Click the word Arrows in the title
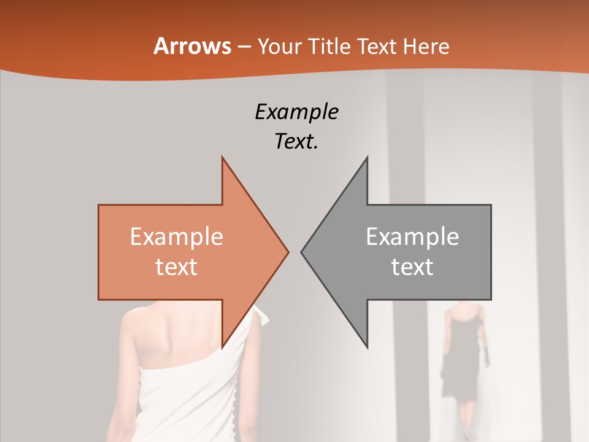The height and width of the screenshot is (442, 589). pos(192,46)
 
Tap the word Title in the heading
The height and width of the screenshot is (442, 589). pos(329,46)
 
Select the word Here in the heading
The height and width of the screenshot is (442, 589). pos(426,46)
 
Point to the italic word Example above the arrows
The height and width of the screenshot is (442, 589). pos(296,112)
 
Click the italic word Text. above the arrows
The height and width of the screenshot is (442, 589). pos(296,142)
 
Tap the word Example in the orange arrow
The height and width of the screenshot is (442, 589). pos(176,236)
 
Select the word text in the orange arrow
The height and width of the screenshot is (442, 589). pos(176,266)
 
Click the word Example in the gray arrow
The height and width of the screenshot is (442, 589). pos(412,236)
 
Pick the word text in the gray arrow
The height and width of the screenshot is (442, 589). pos(412,266)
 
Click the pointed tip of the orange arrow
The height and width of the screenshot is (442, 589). pos(288,252)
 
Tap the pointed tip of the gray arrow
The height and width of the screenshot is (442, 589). pos(302,252)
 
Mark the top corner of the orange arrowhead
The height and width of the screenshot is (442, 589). pos(223,158)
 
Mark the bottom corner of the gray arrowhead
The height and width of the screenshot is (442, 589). pos(367,347)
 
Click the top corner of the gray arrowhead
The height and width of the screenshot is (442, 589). pos(367,158)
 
